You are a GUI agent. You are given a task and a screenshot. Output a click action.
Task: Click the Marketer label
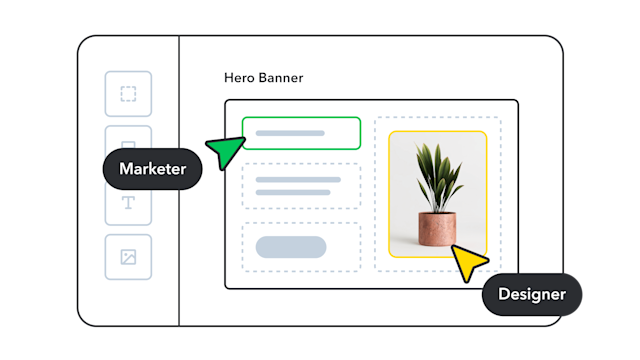pos(152,169)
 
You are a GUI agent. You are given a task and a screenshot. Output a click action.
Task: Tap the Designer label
pos(531,294)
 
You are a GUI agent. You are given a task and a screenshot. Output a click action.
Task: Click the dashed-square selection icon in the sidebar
pos(128,94)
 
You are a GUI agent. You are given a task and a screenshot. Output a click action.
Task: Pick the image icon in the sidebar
pos(128,257)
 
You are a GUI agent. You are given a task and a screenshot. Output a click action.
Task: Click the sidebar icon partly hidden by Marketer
pos(128,137)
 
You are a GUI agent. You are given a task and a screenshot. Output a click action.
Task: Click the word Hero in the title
pos(239,78)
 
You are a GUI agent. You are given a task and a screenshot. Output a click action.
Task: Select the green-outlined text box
pos(301,133)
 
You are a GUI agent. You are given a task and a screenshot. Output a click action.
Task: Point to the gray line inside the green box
pos(290,133)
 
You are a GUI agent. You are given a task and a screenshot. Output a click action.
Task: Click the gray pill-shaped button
pos(291,247)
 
